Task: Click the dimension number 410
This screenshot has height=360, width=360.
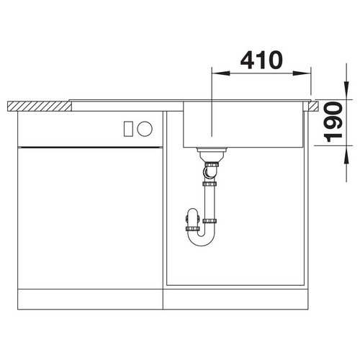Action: pos(261,60)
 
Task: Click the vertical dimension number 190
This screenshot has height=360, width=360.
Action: pos(333,122)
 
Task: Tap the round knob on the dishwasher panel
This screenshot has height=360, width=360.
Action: pos(145,129)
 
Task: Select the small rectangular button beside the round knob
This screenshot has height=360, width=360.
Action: pos(128,129)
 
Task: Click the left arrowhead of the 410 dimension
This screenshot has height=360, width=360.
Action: pos(220,73)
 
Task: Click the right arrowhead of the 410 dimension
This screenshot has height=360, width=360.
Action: pos(302,73)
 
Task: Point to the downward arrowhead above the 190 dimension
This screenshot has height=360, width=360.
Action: pos(346,91)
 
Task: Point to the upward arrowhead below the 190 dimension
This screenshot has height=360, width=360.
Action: pos(346,155)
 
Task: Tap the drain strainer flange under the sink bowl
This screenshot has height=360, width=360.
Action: pos(212,150)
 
